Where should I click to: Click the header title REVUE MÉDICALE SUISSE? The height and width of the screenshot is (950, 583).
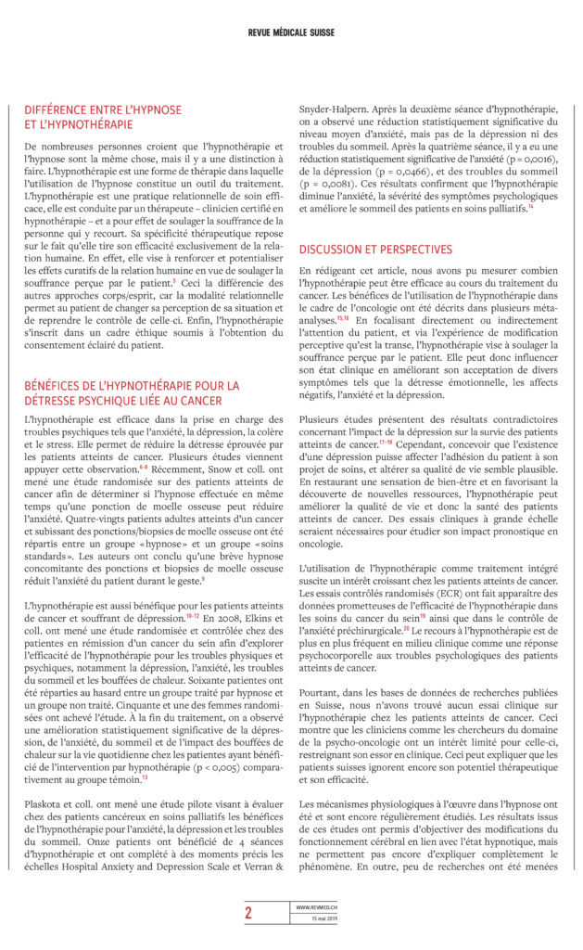click(x=291, y=32)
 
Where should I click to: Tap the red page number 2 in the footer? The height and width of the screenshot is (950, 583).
click(x=248, y=912)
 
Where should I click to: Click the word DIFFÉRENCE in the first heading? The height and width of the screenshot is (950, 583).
click(x=57, y=109)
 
